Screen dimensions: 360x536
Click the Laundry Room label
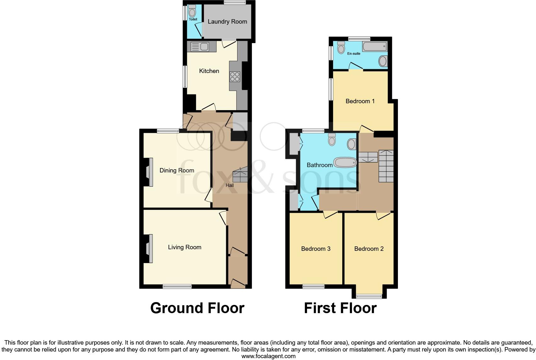(227, 22)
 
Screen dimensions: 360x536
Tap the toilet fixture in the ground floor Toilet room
(192, 12)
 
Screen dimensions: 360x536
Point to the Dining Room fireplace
(149, 172)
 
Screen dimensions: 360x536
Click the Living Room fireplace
(149, 249)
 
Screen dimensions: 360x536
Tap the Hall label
(230, 185)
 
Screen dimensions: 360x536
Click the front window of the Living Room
(177, 286)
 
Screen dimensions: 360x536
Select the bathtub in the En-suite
(374, 47)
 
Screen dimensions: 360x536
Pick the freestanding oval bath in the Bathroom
(345, 163)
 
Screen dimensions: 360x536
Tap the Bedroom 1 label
(360, 101)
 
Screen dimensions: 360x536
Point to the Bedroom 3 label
(315, 249)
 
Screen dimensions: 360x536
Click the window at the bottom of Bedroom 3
(314, 286)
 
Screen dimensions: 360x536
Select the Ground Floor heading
(197, 308)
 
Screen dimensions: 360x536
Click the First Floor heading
(340, 308)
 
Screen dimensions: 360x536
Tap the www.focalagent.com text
(268, 356)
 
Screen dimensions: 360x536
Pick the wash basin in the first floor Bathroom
(351, 144)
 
